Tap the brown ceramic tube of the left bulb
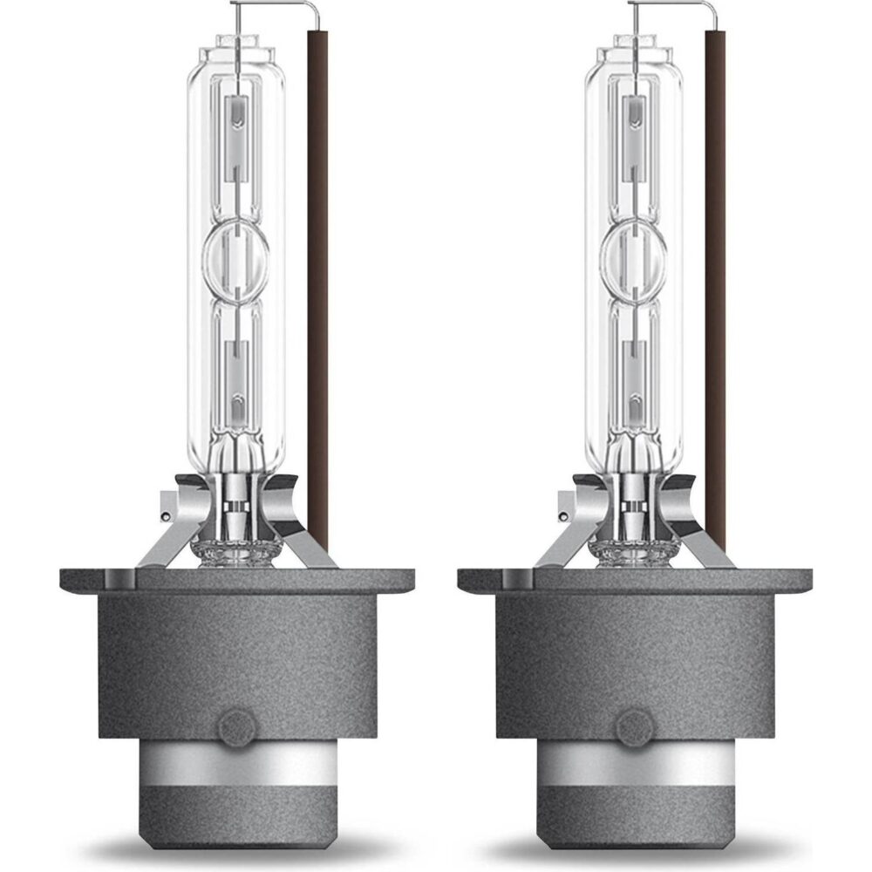coord(317,262)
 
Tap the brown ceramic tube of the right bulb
coord(715,262)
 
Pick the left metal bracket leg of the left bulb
coord(170,536)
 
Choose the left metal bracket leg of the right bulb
coord(568,536)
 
